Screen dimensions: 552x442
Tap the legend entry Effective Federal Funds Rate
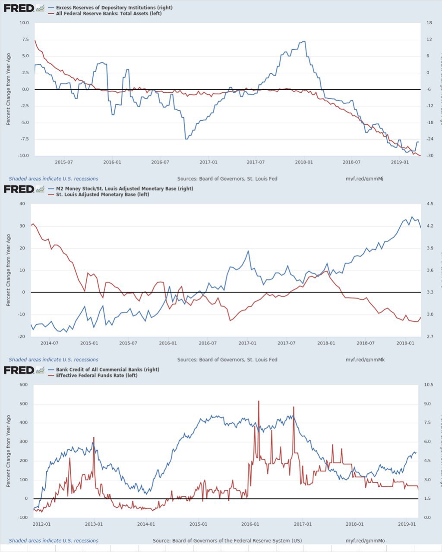pos(97,376)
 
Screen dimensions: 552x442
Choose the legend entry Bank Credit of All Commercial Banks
pos(107,370)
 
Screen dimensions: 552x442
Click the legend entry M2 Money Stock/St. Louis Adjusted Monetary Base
pos(124,188)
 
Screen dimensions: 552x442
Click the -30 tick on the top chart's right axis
pos(429,156)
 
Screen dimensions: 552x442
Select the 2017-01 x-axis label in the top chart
pos(208,162)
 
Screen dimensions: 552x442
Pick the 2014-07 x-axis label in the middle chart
pos(49,343)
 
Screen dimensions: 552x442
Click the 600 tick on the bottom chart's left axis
pos(23,385)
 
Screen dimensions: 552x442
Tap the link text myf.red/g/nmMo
pos(365,541)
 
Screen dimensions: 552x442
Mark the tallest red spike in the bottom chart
pos(259,401)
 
